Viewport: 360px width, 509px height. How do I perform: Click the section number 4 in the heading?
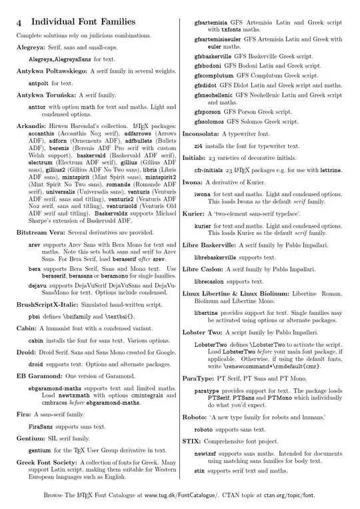20,23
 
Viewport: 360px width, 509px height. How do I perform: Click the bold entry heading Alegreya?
31,48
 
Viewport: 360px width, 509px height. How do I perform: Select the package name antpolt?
39,83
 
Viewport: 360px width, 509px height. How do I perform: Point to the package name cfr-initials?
213,170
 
